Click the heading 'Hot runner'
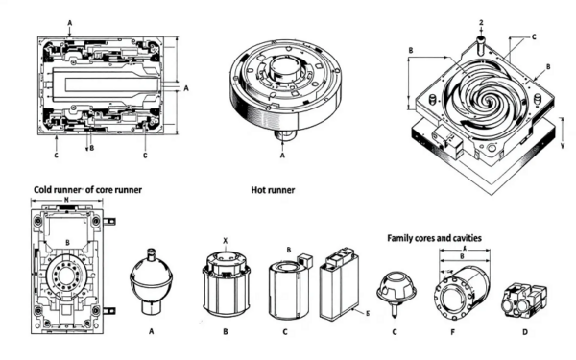tap(272, 191)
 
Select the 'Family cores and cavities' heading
tap(433, 236)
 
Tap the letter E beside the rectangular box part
tap(366, 313)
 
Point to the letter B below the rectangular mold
tap(89, 149)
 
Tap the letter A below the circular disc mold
tap(283, 151)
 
